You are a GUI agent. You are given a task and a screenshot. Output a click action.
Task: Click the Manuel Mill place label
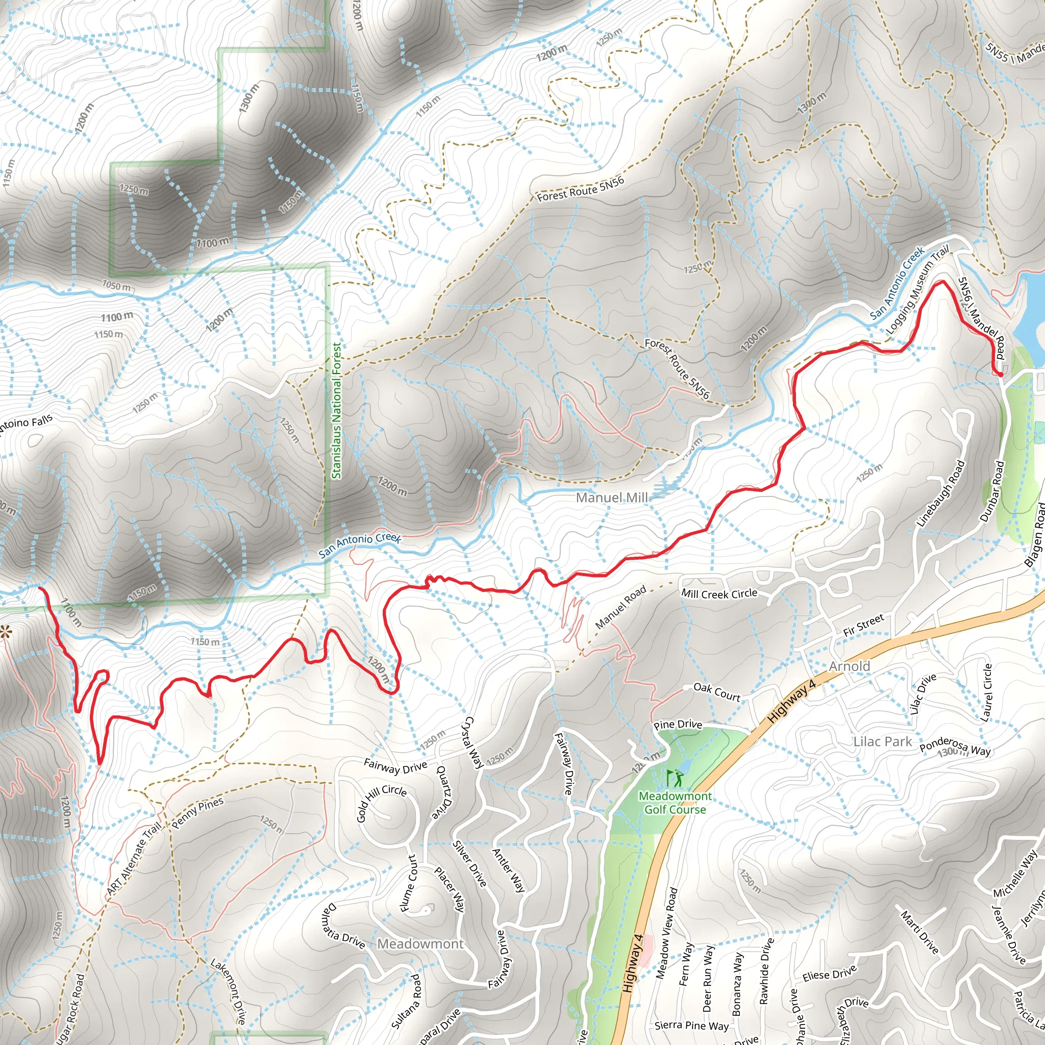(x=611, y=497)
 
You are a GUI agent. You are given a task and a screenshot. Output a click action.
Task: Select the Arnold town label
(x=849, y=666)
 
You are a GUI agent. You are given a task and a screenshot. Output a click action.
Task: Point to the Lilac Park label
(x=882, y=741)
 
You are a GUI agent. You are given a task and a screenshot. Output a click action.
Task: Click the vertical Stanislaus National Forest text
(x=336, y=411)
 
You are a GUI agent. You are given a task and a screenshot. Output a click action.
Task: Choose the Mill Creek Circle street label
(x=719, y=593)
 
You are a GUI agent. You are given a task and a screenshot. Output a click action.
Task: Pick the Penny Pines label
(x=197, y=813)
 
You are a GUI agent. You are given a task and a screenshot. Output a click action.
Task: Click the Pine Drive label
(x=677, y=725)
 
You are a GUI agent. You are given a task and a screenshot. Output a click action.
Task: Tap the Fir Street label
(x=863, y=625)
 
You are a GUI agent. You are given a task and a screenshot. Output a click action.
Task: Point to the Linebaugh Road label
(x=940, y=493)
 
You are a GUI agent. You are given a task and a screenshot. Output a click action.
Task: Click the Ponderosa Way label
(x=955, y=747)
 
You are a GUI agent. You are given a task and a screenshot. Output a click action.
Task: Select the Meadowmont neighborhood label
(x=420, y=944)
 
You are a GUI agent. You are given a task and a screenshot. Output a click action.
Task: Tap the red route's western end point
(x=40, y=587)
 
